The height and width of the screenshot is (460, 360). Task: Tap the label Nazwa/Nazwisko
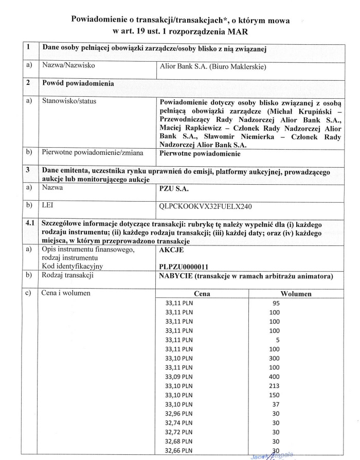pos(68,66)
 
